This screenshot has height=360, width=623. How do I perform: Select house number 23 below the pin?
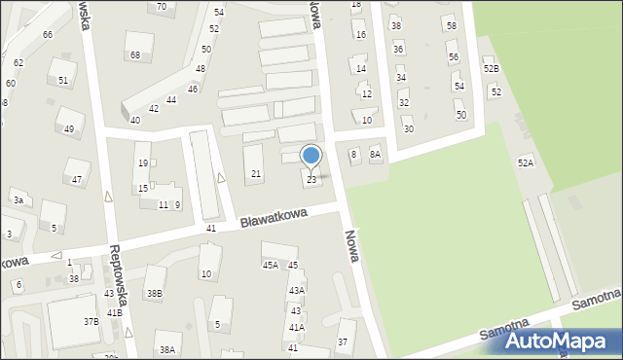coord(311,180)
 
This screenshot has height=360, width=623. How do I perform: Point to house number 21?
coord(256,174)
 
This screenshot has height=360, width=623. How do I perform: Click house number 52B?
coord(491,69)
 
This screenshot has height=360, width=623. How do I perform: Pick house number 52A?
coord(526,162)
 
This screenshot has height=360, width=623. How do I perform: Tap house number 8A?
coord(375,155)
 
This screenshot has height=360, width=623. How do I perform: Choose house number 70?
coord(162,6)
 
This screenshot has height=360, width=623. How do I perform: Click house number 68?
coord(134,55)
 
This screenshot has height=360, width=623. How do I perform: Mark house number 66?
coord(47,35)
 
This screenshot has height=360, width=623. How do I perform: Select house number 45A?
coord(270,265)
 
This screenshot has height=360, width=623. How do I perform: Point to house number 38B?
coord(154,294)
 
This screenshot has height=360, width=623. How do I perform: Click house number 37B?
coord(91,321)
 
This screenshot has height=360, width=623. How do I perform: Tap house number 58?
coord(451,25)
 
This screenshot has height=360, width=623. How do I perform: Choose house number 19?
coord(143,163)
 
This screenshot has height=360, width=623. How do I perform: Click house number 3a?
coord(18,200)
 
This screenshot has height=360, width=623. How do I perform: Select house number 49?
coord(68,129)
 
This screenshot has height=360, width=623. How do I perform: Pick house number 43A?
coord(296,290)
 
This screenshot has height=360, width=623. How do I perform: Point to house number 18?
coord(355,5)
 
